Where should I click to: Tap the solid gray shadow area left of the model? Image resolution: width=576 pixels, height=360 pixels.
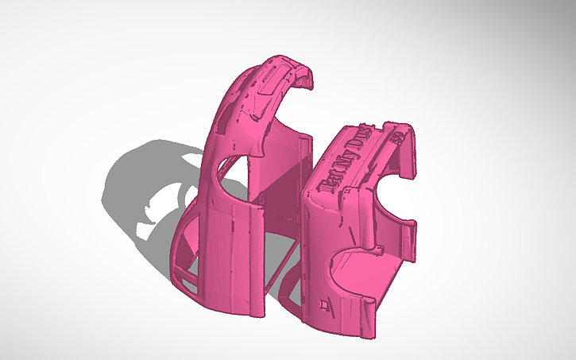[127, 183]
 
